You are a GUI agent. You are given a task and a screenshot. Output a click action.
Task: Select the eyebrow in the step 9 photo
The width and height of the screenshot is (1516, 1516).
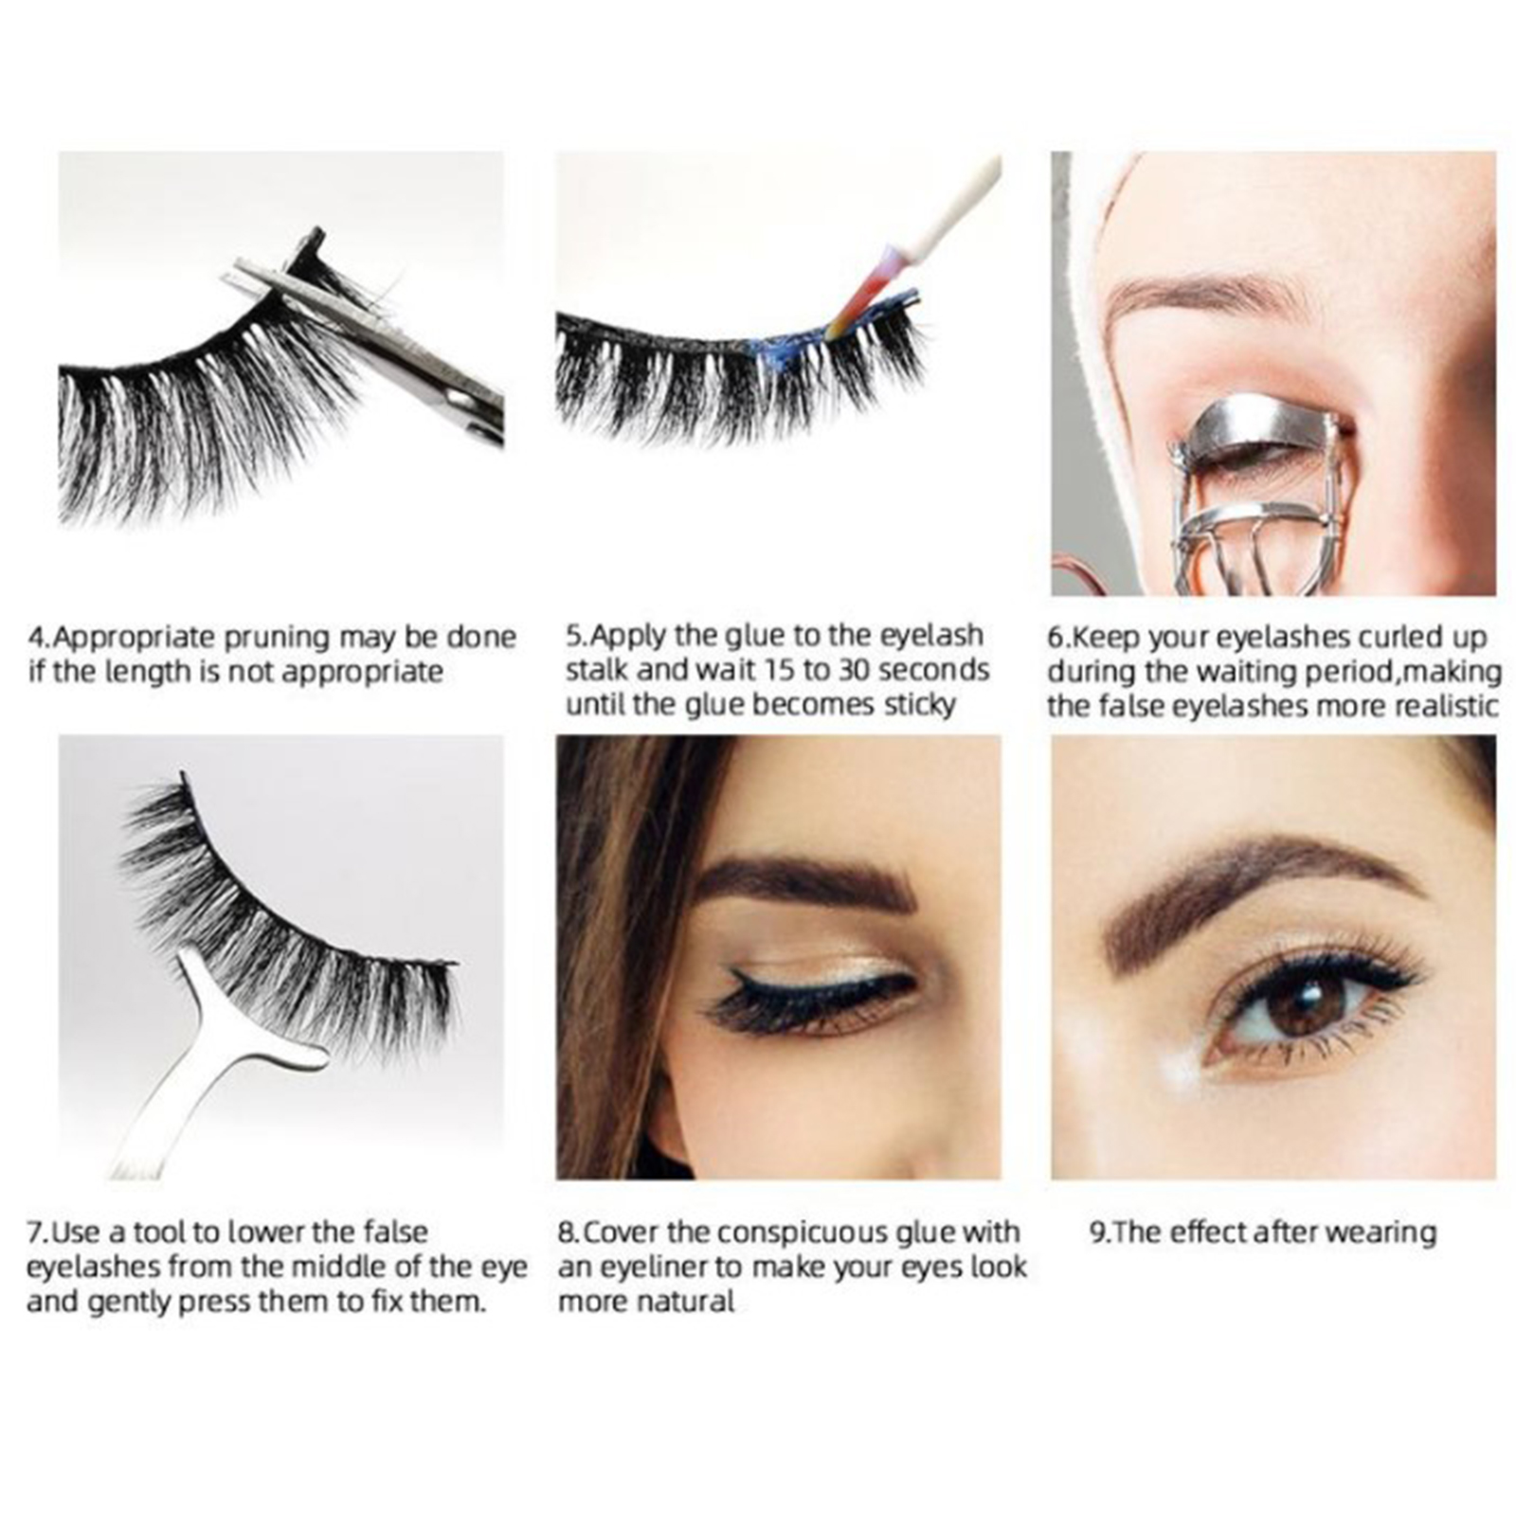(1260, 886)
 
